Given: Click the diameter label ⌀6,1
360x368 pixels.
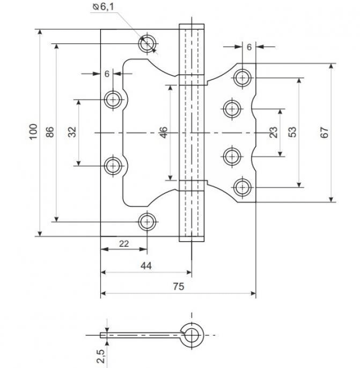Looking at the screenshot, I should (103, 6).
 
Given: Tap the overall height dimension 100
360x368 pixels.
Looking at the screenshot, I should (33, 132).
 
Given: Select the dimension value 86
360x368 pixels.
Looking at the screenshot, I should (50, 132).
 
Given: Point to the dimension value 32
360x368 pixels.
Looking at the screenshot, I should (72, 132).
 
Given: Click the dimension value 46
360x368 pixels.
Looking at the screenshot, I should (164, 132).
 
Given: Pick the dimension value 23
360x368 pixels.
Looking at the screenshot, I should (273, 132).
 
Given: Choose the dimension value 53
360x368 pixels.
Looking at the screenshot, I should (292, 132).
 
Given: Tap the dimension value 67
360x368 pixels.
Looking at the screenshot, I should (325, 132).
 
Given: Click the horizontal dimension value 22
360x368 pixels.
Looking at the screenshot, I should (124, 244).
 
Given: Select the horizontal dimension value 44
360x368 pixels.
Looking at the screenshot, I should (145, 266).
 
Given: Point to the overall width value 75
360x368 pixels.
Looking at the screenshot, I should (179, 287).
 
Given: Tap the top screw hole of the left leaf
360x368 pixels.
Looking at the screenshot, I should (147, 43).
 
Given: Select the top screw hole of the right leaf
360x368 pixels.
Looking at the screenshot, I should (243, 78).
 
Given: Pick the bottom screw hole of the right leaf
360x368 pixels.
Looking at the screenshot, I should (243, 187).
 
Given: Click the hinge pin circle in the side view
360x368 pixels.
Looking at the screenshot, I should (191, 335).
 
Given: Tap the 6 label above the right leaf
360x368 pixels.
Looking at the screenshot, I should (249, 47).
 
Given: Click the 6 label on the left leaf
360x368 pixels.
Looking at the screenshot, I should (107, 75).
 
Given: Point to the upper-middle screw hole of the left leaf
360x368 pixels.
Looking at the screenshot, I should (113, 99).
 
